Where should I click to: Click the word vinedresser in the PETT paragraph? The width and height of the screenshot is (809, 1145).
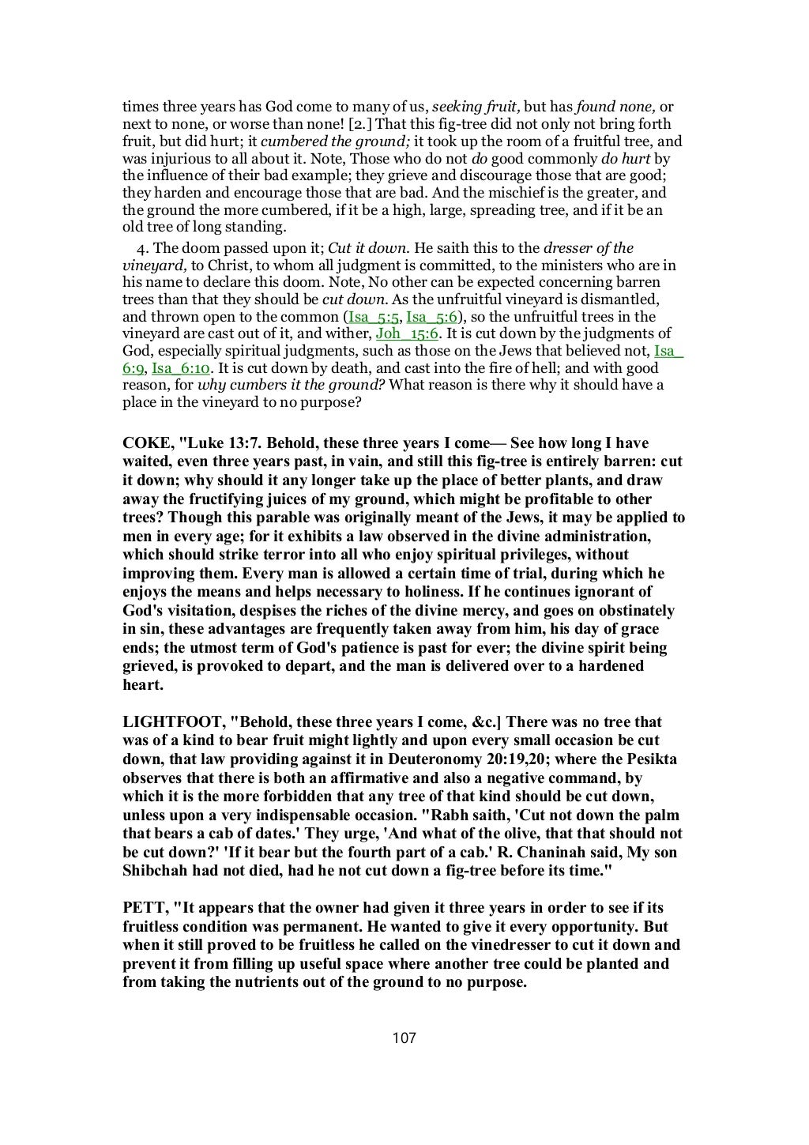coord(487,944)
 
